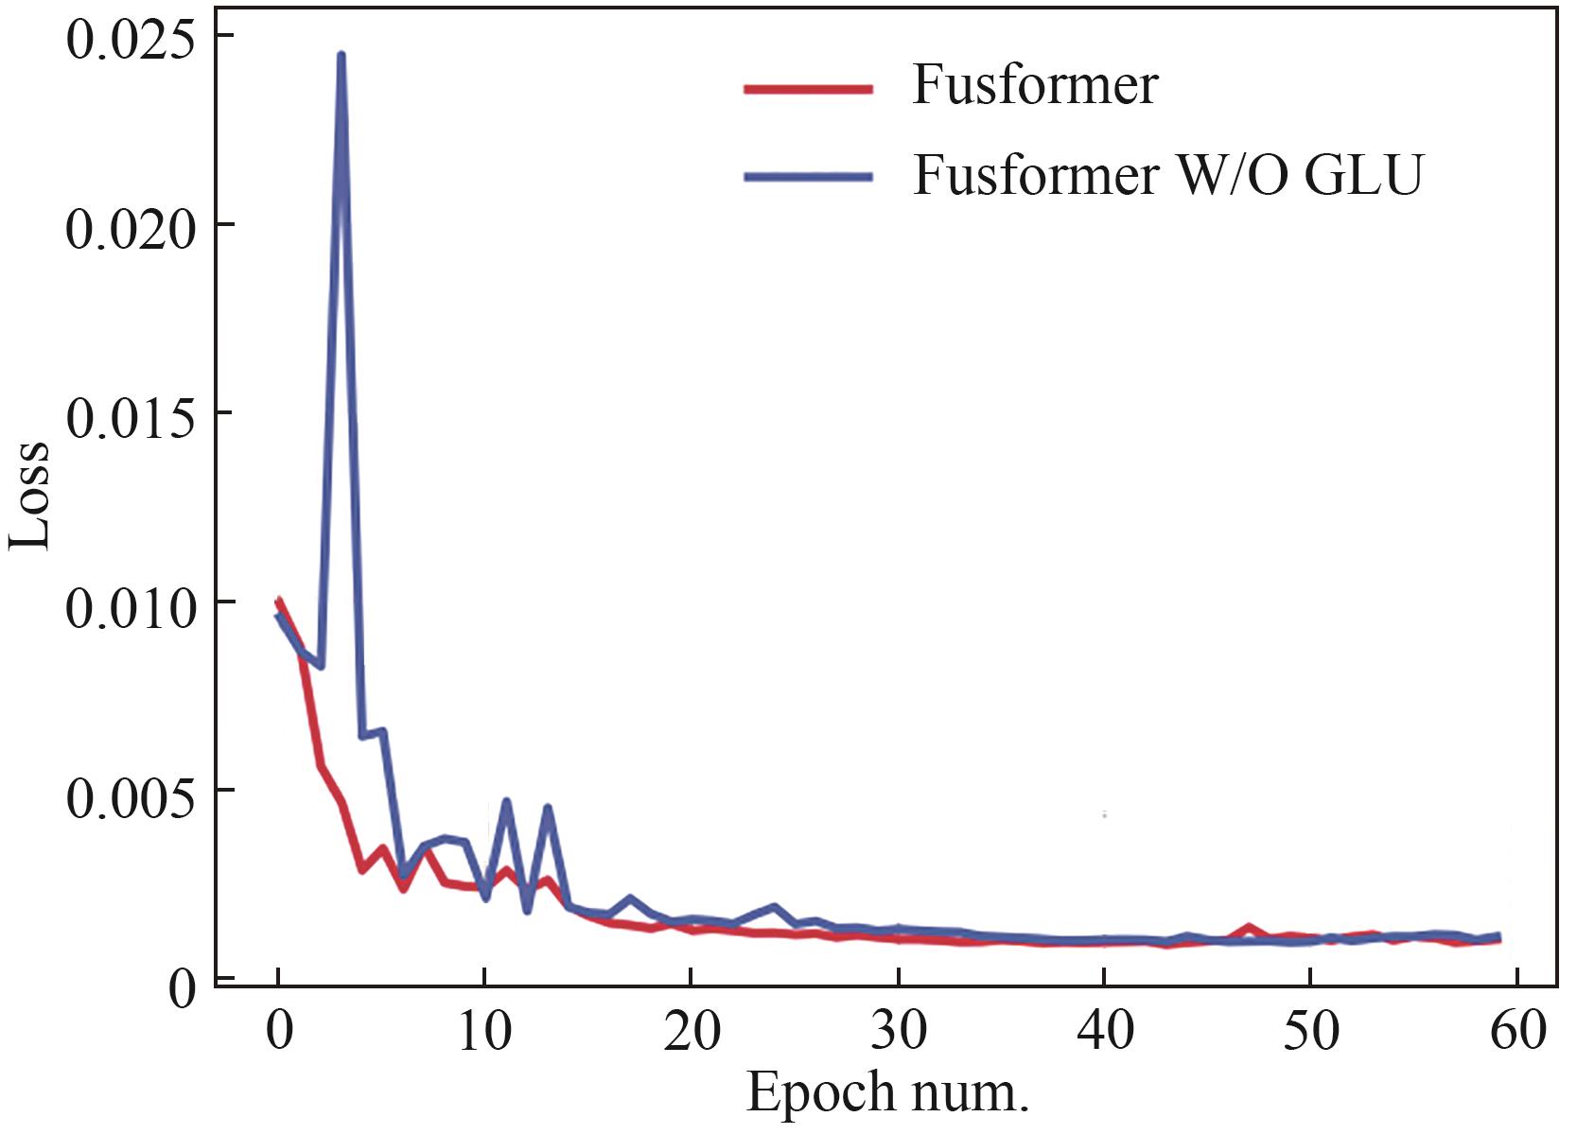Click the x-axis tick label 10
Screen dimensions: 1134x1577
pos(484,1031)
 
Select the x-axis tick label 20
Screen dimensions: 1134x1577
pos(692,1031)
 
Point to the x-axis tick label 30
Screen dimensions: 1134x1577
pos(899,1031)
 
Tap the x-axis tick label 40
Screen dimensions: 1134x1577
pos(1105,1031)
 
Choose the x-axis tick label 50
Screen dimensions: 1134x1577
pos(1311,1031)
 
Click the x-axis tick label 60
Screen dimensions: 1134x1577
pos(1517,1031)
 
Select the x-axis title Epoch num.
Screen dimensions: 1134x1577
pos(886,1092)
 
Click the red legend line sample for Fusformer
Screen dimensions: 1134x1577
pos(808,90)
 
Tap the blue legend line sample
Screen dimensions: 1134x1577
pos(808,177)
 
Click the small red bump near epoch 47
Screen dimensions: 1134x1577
pos(1250,928)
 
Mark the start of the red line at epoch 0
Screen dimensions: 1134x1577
pos(278,600)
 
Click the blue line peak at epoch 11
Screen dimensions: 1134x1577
pos(506,802)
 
